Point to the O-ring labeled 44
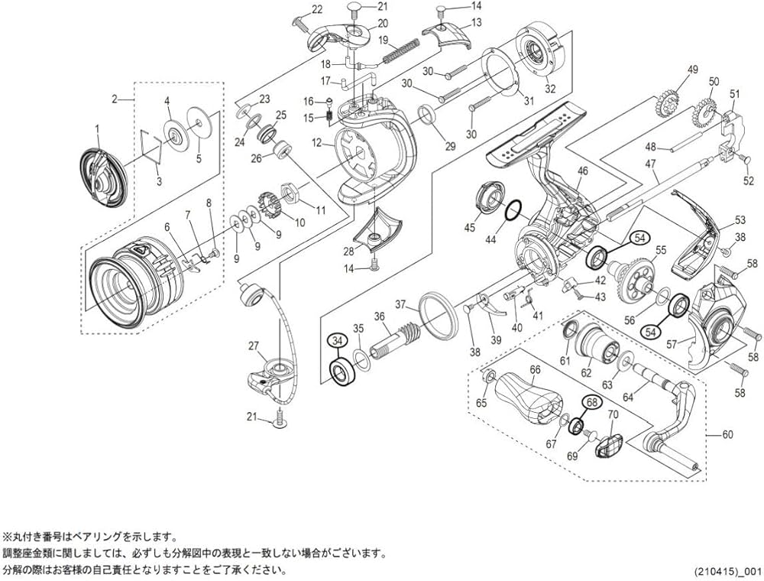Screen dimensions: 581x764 click(516, 210)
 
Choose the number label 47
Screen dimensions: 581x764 click(651, 164)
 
